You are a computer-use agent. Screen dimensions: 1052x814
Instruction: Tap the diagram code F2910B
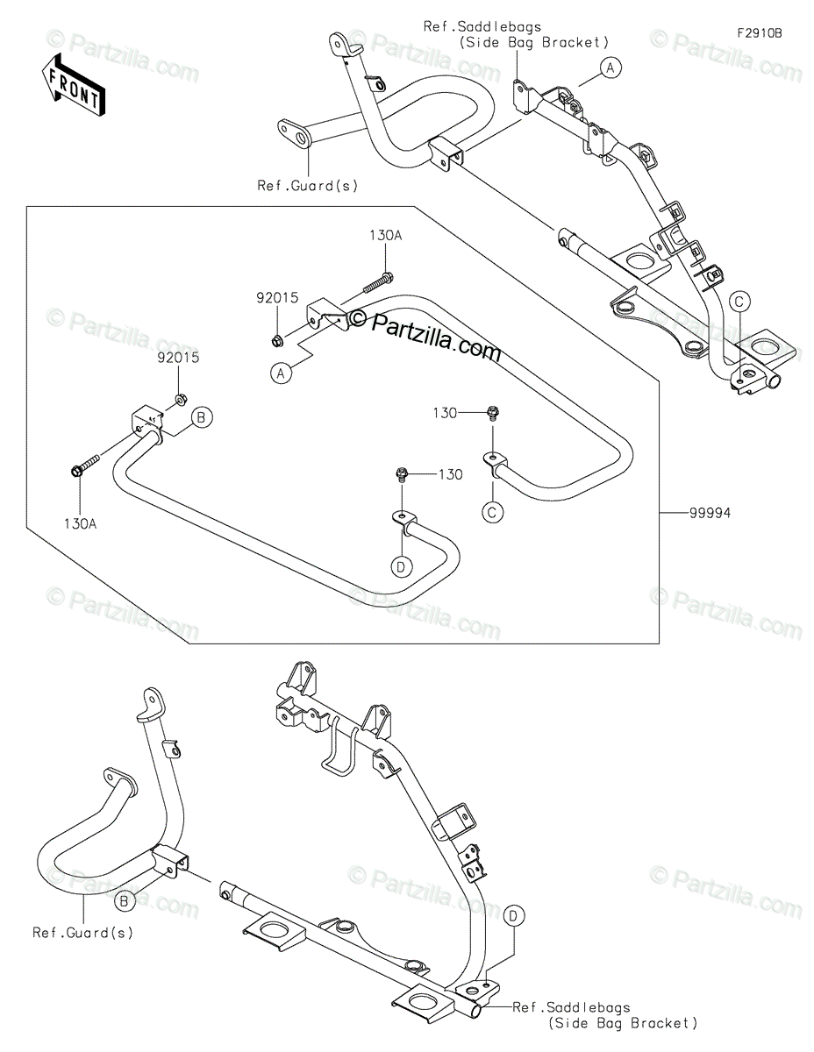point(759,33)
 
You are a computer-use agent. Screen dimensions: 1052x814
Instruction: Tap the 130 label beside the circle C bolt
point(445,412)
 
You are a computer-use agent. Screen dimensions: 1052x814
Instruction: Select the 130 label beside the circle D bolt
point(450,474)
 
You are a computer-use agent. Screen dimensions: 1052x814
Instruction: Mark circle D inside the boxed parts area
point(402,566)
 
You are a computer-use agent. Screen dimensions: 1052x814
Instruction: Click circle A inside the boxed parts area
point(281,374)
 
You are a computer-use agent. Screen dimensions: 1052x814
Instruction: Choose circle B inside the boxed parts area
point(200,418)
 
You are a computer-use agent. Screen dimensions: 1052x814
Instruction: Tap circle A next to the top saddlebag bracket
point(610,67)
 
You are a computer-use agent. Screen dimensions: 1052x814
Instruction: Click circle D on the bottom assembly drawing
point(515,916)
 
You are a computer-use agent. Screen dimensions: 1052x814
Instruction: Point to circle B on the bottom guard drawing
point(125,900)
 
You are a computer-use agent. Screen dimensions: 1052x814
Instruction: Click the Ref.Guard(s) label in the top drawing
point(307,185)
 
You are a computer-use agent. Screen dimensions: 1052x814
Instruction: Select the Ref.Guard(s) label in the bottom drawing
point(83,932)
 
